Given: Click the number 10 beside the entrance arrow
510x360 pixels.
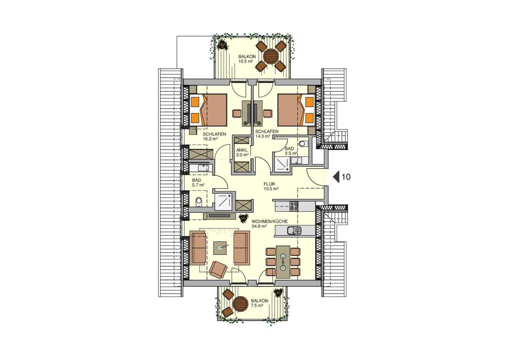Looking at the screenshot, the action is click(x=346, y=177).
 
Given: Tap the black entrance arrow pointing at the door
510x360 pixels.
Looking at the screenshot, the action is click(x=336, y=177).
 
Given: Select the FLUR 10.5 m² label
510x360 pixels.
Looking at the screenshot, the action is click(x=271, y=186).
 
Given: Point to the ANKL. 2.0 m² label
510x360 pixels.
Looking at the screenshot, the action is click(x=242, y=153).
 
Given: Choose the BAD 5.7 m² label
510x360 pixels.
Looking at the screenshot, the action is click(x=198, y=182).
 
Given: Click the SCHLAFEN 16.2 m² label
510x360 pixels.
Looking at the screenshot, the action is click(x=214, y=136).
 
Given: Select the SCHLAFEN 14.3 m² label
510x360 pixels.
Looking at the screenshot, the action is click(x=267, y=133).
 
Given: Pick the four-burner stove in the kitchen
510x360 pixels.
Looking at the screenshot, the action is click(x=294, y=206).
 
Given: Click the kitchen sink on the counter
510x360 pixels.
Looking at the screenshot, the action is click(x=295, y=231).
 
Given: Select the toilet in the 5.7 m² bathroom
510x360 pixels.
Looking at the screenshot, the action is click(x=198, y=201).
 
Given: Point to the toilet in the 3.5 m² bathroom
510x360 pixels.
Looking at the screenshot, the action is click(x=302, y=144).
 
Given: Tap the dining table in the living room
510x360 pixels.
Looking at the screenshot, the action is click(x=283, y=262).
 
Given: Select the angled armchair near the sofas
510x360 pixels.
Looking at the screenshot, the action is click(x=218, y=270).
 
